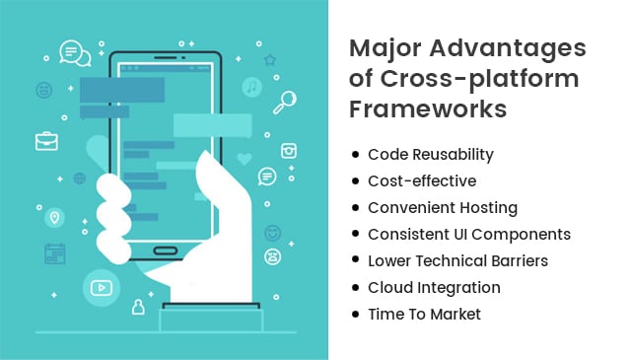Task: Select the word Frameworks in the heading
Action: click(x=429, y=108)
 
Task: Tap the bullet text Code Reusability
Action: click(x=430, y=155)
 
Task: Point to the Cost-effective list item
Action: click(x=421, y=181)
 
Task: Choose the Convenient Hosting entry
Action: click(x=442, y=208)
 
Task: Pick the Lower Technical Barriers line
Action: click(x=457, y=261)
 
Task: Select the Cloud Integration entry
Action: click(x=434, y=288)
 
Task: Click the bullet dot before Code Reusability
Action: click(x=355, y=156)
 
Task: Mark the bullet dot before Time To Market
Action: click(x=355, y=316)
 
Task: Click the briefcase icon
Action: click(x=46, y=141)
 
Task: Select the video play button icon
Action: click(x=101, y=288)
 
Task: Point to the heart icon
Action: click(x=245, y=158)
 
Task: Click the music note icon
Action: click(x=251, y=87)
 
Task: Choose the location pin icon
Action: click(x=54, y=218)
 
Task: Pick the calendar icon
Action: click(x=54, y=253)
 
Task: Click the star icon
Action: click(x=269, y=60)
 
